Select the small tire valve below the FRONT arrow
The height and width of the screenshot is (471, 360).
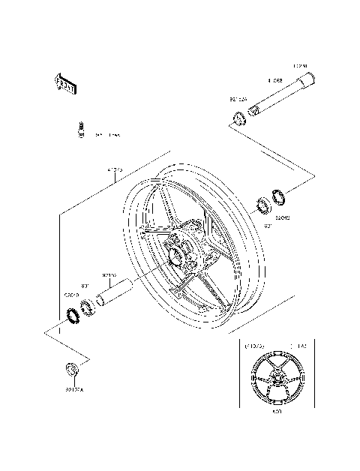(x=77, y=130)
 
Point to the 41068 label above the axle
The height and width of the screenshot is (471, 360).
(x=276, y=79)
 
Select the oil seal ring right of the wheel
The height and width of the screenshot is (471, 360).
(x=280, y=198)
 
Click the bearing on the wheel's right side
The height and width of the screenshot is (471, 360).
(x=265, y=203)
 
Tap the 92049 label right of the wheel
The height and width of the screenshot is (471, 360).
(x=282, y=218)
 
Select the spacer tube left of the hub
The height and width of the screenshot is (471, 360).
(x=115, y=295)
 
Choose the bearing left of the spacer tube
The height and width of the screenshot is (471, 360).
(x=88, y=306)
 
